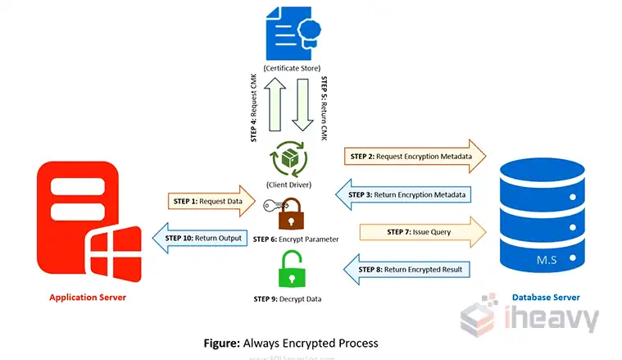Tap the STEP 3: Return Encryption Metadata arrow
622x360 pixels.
point(402,194)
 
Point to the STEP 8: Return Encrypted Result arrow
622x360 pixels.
point(406,269)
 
